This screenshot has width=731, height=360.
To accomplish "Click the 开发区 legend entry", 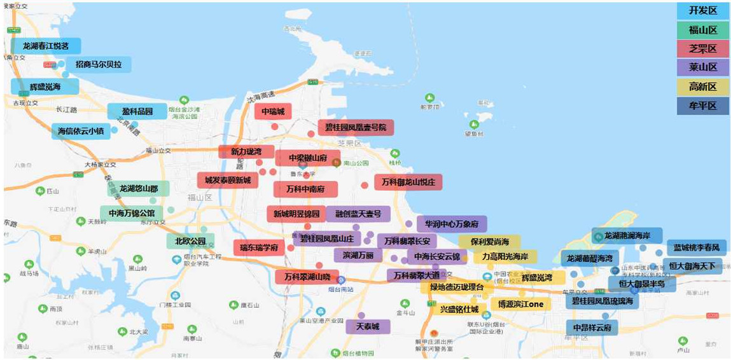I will [x=702, y=11].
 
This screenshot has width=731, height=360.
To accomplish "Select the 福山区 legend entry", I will [x=702, y=30].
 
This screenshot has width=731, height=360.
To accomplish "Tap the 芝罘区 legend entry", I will [x=702, y=49].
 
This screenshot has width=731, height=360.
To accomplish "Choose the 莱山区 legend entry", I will [x=702, y=67].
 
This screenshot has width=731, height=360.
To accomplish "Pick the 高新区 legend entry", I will [x=702, y=87].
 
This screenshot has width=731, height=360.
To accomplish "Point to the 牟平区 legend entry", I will [x=702, y=106].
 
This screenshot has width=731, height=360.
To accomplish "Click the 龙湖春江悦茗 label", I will [x=46, y=46].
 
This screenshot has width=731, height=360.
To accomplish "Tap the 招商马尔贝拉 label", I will [x=99, y=64].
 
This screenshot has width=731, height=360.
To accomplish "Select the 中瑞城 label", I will [x=273, y=112].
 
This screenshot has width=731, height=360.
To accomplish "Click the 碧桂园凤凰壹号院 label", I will [x=356, y=127].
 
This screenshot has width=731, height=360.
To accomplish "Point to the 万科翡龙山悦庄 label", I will [x=408, y=183].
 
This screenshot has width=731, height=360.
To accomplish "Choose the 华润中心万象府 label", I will [x=452, y=224].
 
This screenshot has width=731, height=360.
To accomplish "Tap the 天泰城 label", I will [x=368, y=326].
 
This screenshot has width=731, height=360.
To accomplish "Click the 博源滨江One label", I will [x=520, y=304].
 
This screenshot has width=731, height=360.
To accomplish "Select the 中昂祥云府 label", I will [x=592, y=328].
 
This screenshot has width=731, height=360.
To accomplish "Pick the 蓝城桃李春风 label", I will [x=697, y=247].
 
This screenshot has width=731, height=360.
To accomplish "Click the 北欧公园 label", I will [x=190, y=242].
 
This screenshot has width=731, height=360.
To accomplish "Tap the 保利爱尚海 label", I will [x=490, y=242].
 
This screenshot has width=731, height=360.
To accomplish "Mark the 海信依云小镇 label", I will [x=80, y=131].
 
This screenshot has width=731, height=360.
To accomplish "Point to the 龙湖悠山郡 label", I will [x=138, y=188].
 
